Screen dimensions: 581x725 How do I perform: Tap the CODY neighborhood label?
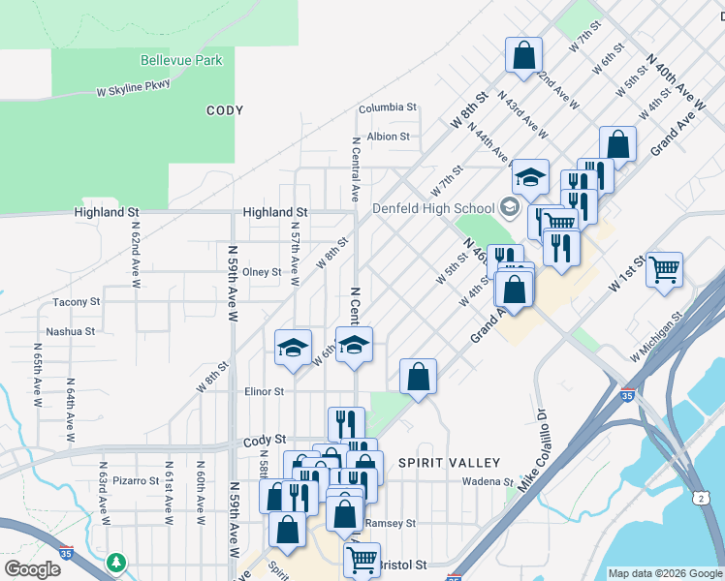pos(224,110)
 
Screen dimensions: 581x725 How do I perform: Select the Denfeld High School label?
pos(433,208)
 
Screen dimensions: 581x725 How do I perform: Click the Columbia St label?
pos(387,107)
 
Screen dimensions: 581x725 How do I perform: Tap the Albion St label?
pos(389,137)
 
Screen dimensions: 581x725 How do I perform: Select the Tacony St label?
pos(77,302)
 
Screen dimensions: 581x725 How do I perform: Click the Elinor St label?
pos(264,392)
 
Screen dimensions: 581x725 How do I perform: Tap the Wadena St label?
pos(487,481)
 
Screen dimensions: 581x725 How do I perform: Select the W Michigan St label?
pos(655,343)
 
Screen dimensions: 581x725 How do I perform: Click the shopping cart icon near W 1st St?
pos(664,268)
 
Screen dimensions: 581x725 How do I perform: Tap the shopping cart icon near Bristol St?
pos(362,558)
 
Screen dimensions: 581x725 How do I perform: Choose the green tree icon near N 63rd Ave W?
pos(116,562)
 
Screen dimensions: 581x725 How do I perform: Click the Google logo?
pos(32,569)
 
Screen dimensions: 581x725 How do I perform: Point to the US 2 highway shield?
pos(700,498)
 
